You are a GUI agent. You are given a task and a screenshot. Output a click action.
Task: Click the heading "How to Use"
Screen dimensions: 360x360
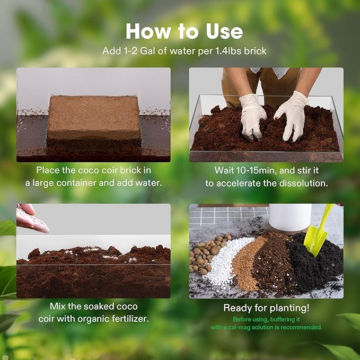pyautogui.click(x=184, y=31)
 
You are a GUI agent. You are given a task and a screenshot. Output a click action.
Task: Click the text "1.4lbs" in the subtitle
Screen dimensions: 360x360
pyautogui.click(x=222, y=52)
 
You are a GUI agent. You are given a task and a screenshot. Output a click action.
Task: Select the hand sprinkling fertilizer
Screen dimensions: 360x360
pyautogui.click(x=31, y=218)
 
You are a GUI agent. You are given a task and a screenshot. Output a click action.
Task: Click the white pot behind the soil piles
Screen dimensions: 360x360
pyautogui.click(x=289, y=217)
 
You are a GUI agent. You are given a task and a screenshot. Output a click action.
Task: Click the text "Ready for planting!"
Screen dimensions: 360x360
pyautogui.click(x=266, y=308)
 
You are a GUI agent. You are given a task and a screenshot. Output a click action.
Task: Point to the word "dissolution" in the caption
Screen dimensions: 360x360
pyautogui.click(x=303, y=183)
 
